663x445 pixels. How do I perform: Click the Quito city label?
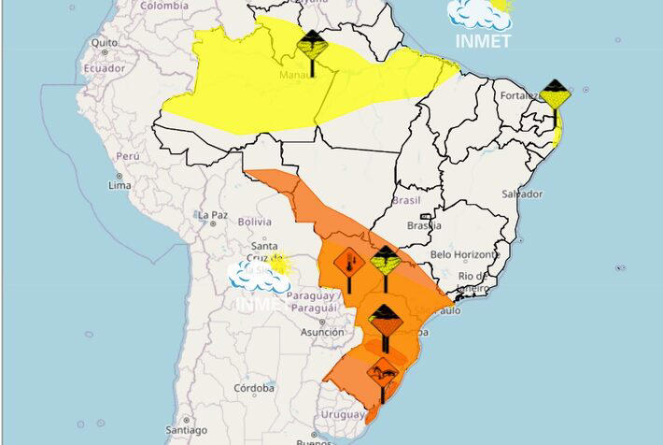[103, 42]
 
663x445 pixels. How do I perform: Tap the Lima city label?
[120, 185]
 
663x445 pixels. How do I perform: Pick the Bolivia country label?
[254, 222]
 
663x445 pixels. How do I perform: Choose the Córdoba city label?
[254, 387]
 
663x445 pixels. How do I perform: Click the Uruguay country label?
[343, 414]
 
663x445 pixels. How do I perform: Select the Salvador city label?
[521, 194]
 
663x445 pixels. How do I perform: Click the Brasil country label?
[406, 200]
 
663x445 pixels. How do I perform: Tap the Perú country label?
[128, 156]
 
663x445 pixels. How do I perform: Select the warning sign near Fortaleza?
[555, 94]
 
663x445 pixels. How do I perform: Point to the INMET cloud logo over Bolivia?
[259, 280]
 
